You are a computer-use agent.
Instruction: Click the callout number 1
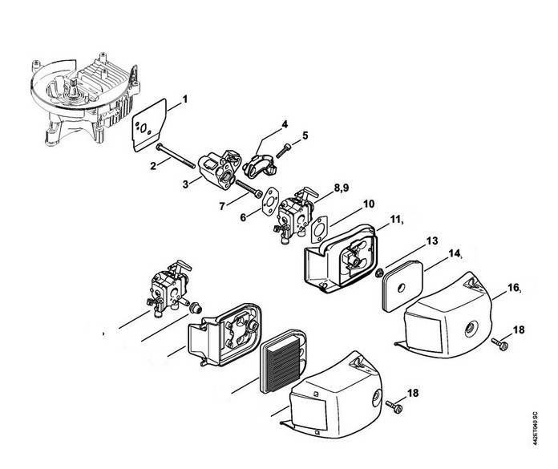pyautogui.click(x=184, y=100)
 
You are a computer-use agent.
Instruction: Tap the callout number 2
pyautogui.click(x=152, y=166)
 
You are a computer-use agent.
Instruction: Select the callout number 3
pyautogui.click(x=185, y=184)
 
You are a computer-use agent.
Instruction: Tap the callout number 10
pyautogui.click(x=369, y=205)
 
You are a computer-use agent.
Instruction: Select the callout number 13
pyautogui.click(x=410, y=241)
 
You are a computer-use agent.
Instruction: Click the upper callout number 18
pyautogui.click(x=519, y=330)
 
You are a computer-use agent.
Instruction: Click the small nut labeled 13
pyautogui.click(x=378, y=273)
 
